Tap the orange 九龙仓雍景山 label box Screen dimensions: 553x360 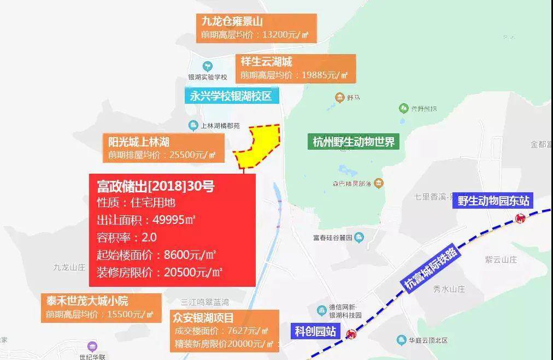tap(257, 28)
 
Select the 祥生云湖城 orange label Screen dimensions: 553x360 tap(295, 68)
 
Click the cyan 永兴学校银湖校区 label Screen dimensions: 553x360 tap(232, 96)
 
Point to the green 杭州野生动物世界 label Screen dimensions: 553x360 tap(353, 142)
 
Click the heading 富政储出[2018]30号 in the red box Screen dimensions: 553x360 tap(156, 186)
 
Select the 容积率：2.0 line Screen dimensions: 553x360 tap(127, 237)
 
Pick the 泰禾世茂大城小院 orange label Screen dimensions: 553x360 tap(101, 308)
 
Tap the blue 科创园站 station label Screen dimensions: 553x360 tap(315, 331)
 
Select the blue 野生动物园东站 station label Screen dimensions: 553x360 tap(494, 200)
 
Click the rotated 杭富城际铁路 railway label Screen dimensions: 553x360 tap(431, 268)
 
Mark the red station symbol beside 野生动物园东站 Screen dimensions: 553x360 tap(520, 219)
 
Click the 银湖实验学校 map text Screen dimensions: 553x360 tap(207, 77)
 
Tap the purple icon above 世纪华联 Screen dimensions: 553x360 tap(92, 346)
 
